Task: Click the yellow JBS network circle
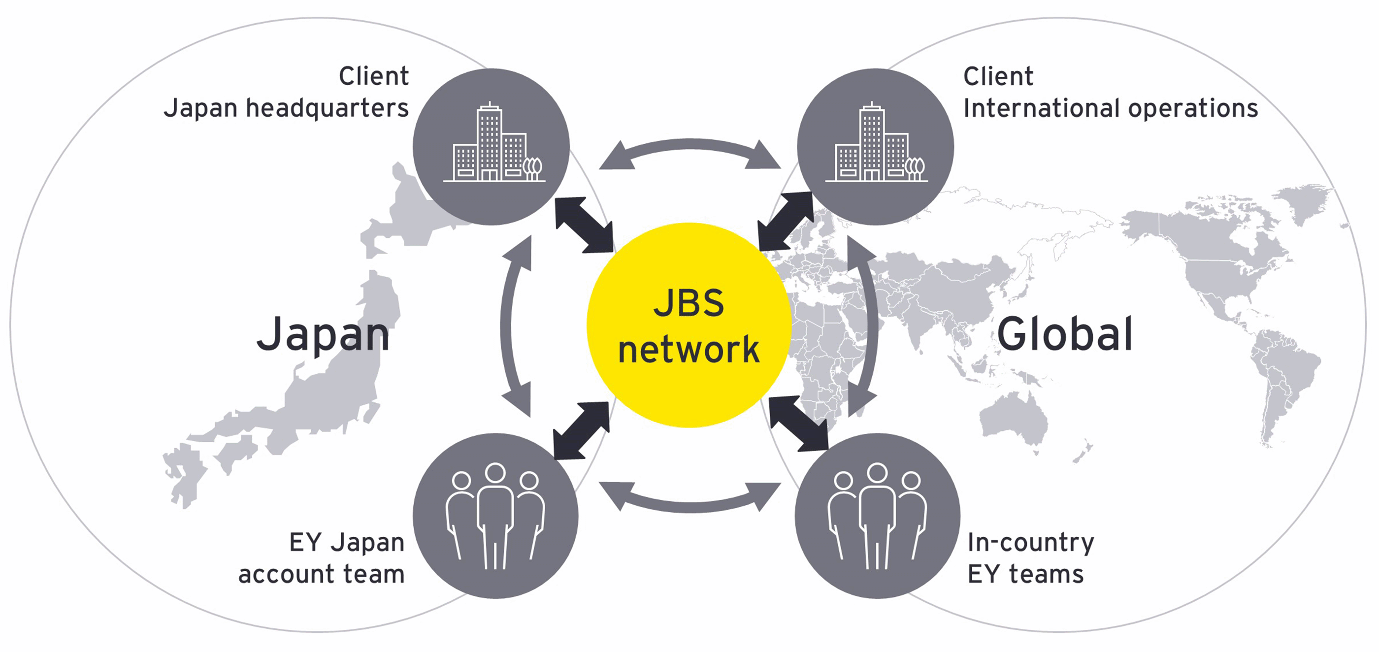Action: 689,325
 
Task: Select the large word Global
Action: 1064,334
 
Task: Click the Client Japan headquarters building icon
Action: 492,146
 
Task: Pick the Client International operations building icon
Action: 875,146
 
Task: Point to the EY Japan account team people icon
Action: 495,516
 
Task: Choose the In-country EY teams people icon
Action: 877,516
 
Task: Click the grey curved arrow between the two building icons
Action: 689,147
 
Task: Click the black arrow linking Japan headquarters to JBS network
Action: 584,225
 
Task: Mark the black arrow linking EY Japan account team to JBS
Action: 581,431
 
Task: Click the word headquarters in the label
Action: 327,109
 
